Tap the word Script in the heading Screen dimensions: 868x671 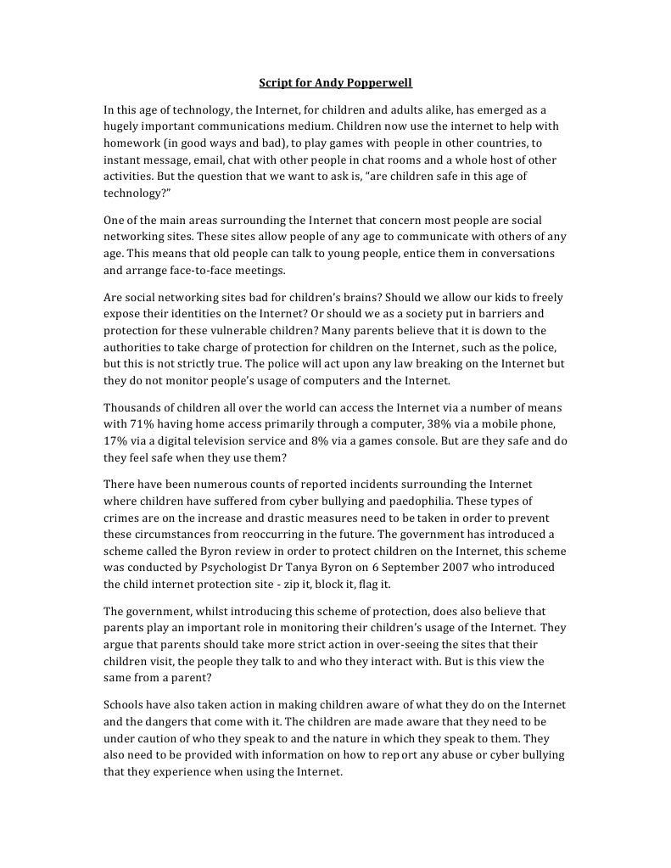pos(274,84)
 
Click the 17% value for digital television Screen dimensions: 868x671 pos(116,440)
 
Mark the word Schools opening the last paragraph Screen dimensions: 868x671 pos(124,705)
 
